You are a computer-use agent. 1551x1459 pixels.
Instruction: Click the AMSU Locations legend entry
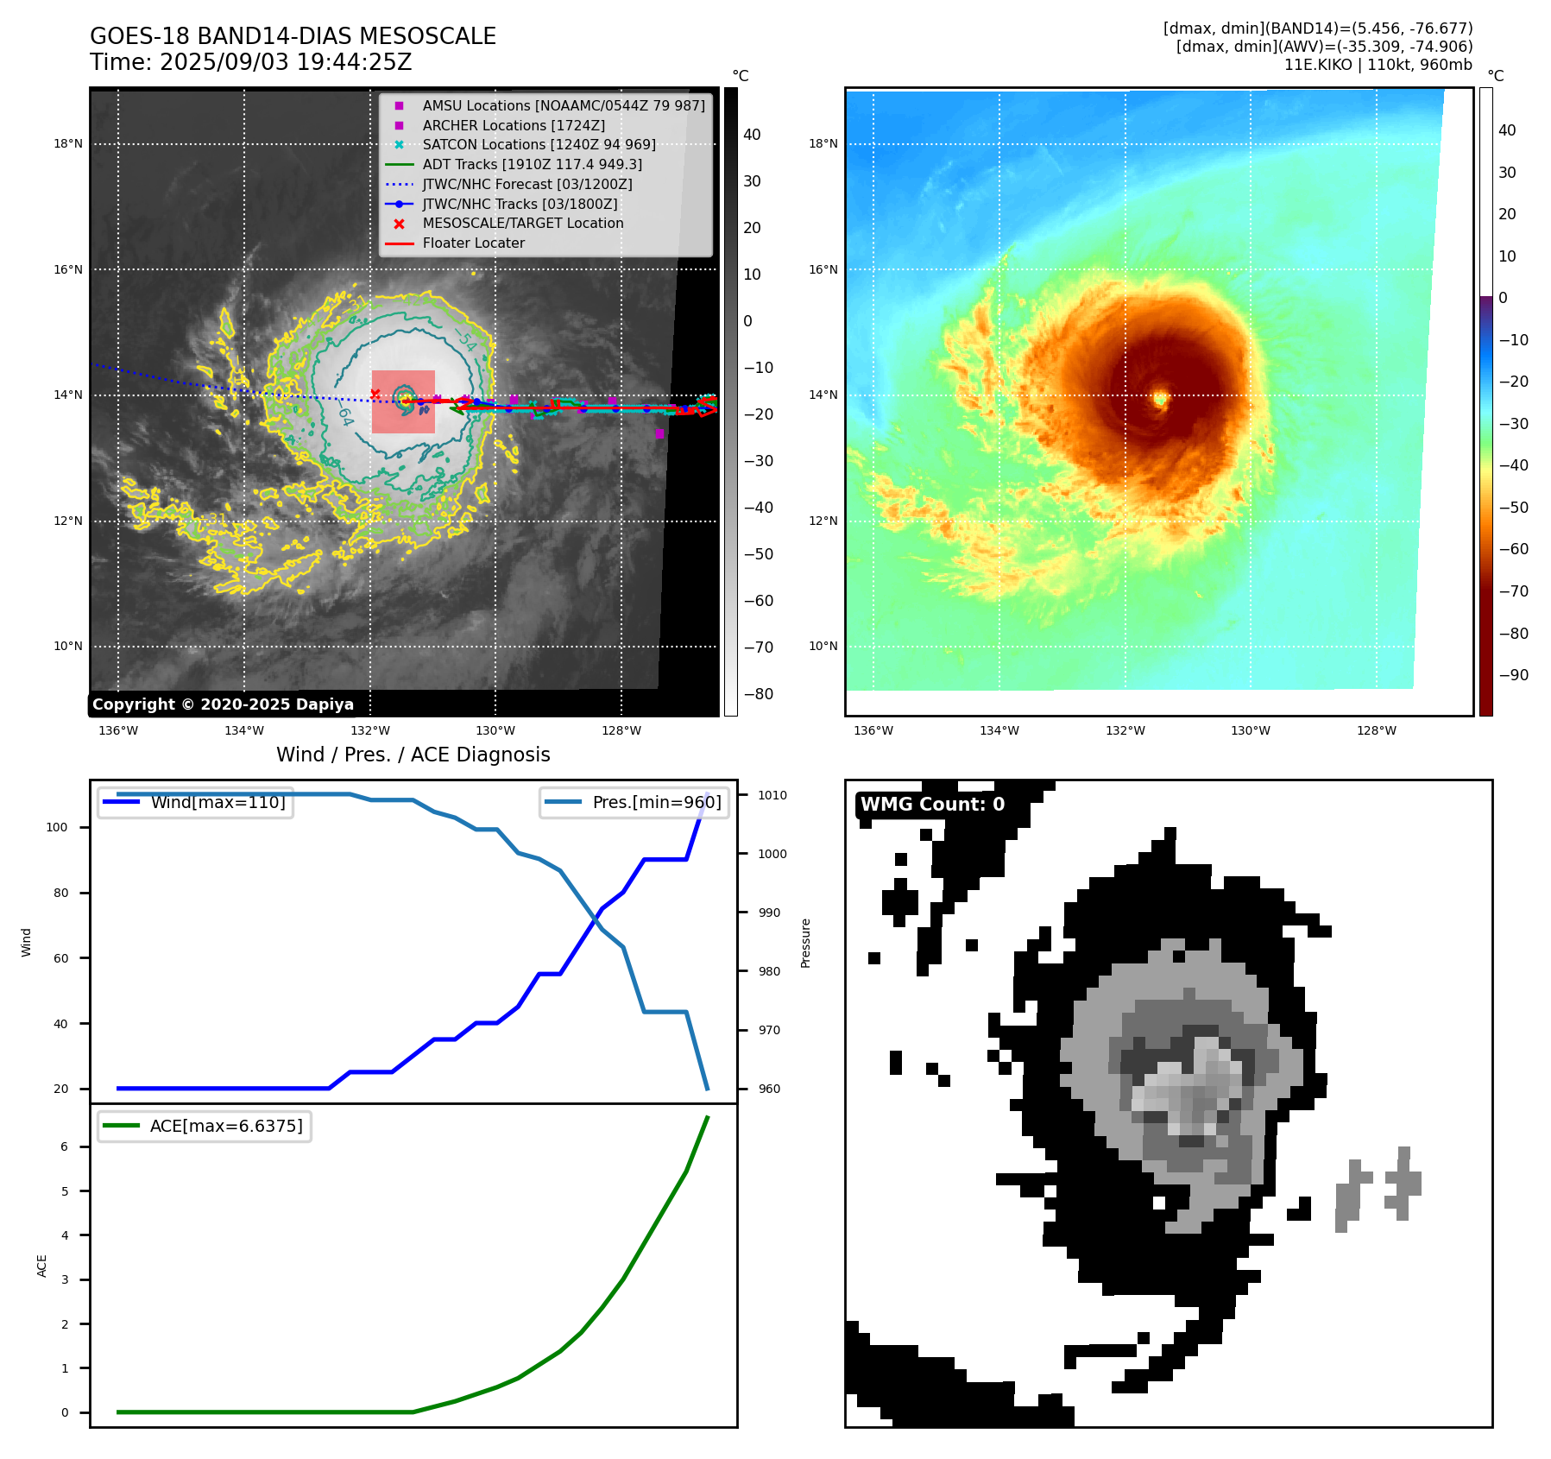click(563, 105)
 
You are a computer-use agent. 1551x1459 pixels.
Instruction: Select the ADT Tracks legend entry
click(532, 164)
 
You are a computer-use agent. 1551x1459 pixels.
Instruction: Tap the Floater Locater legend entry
click(473, 243)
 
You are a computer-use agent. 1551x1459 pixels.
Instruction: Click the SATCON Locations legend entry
click(539, 144)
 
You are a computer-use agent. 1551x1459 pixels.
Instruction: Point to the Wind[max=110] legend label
click(218, 802)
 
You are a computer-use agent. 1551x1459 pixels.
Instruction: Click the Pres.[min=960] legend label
click(656, 802)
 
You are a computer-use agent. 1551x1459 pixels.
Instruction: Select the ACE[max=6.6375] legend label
click(226, 1126)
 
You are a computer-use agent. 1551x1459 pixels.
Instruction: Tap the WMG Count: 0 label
click(932, 804)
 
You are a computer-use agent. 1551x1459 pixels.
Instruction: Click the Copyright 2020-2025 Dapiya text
click(223, 704)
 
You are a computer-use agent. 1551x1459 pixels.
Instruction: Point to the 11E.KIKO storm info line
click(1378, 65)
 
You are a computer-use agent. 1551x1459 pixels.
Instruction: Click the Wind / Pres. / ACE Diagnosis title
click(413, 755)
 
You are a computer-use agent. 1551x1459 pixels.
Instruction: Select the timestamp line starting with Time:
click(250, 63)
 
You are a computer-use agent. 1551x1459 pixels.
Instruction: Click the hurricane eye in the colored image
click(1160, 398)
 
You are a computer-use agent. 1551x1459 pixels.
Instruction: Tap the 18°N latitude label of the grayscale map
click(68, 144)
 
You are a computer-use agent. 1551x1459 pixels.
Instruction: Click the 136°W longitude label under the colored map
click(873, 730)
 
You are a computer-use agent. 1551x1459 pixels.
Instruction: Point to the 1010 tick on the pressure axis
click(772, 795)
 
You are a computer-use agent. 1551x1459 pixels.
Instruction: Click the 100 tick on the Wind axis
click(56, 827)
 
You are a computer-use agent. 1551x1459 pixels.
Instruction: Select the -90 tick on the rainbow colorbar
click(1513, 675)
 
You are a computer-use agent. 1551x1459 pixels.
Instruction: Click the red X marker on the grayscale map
click(375, 395)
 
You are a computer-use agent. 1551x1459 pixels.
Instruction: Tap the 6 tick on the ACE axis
click(65, 1146)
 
